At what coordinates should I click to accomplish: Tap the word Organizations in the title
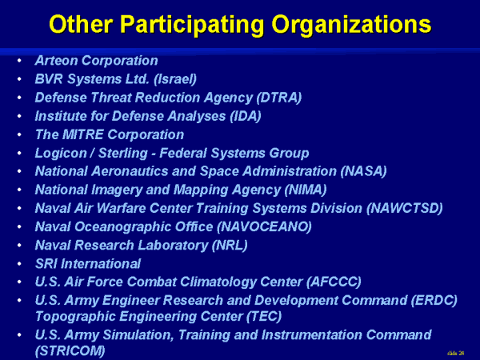tap(351, 25)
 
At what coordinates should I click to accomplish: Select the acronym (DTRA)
tap(279, 98)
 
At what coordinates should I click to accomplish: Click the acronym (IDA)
tap(246, 116)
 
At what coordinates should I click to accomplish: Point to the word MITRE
tap(82, 134)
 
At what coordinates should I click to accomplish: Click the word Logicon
tap(61, 153)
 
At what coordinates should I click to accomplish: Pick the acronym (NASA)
tap(363, 171)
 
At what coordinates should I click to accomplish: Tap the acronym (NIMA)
tap(306, 190)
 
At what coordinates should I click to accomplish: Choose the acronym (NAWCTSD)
tap(404, 209)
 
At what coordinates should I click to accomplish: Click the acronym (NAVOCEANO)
tap(264, 227)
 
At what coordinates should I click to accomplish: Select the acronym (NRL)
tap(230, 246)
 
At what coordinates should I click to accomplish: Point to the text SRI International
tap(88, 263)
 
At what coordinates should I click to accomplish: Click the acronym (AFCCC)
tap(334, 282)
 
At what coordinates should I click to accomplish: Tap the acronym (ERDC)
tap(434, 300)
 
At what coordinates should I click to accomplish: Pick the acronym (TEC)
tap(264, 317)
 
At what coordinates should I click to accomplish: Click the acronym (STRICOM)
tap(70, 351)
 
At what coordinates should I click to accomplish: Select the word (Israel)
tap(174, 79)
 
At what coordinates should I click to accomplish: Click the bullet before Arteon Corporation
tap(19, 61)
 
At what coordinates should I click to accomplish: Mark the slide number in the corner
tap(456, 354)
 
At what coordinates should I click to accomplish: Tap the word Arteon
tap(57, 61)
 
